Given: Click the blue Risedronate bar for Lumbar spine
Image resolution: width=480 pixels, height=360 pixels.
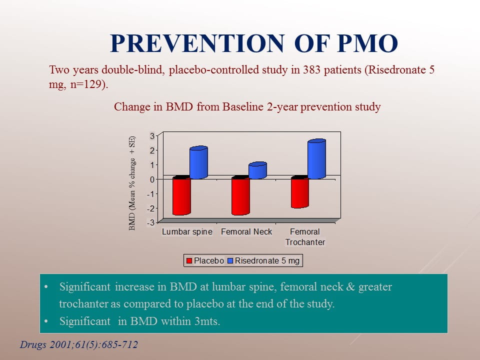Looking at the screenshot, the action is [x=198, y=162].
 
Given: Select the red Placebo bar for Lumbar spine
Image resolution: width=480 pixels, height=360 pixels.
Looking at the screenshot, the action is [x=181, y=196].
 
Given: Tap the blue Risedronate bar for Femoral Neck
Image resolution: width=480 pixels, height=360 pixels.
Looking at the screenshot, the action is [x=257, y=170].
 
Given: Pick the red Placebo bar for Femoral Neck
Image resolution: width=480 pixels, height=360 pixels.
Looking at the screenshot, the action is [x=240, y=196].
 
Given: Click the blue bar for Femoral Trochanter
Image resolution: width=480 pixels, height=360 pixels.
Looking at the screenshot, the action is [x=316, y=159].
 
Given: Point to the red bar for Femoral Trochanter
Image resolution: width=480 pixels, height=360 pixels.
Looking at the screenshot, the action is [x=299, y=192].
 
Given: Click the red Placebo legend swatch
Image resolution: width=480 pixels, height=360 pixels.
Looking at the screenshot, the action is [x=189, y=261].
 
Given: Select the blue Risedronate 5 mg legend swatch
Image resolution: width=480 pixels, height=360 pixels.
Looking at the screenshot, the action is [x=230, y=261].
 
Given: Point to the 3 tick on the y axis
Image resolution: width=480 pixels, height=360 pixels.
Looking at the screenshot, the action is [x=152, y=135].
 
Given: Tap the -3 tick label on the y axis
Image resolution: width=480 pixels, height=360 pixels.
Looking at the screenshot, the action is [x=151, y=222].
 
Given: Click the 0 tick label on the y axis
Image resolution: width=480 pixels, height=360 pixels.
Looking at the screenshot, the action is [x=152, y=179].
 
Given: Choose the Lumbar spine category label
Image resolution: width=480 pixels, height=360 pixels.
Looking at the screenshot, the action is [x=187, y=231].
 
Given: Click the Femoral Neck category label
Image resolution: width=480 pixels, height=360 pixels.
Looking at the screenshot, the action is [x=246, y=231].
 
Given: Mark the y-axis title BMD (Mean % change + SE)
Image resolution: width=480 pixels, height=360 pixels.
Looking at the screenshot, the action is [x=132, y=183].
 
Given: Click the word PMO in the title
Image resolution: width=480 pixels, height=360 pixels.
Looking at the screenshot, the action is [x=367, y=43].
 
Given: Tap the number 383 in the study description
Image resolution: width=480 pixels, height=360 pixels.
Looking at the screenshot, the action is [x=311, y=70].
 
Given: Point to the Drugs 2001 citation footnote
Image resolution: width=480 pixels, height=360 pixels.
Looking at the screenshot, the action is [x=79, y=344].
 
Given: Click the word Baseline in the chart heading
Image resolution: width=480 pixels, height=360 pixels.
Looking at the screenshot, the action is [x=243, y=107].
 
